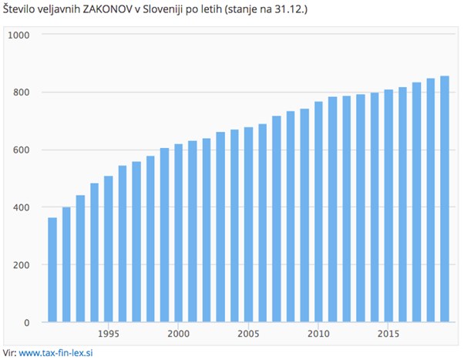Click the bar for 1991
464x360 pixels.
(52, 270)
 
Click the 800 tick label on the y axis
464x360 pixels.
(21, 93)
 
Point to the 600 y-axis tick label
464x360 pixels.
(21, 150)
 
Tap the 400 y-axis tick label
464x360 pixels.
(21, 207)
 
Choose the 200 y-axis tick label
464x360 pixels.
(21, 265)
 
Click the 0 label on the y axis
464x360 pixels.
(26, 322)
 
